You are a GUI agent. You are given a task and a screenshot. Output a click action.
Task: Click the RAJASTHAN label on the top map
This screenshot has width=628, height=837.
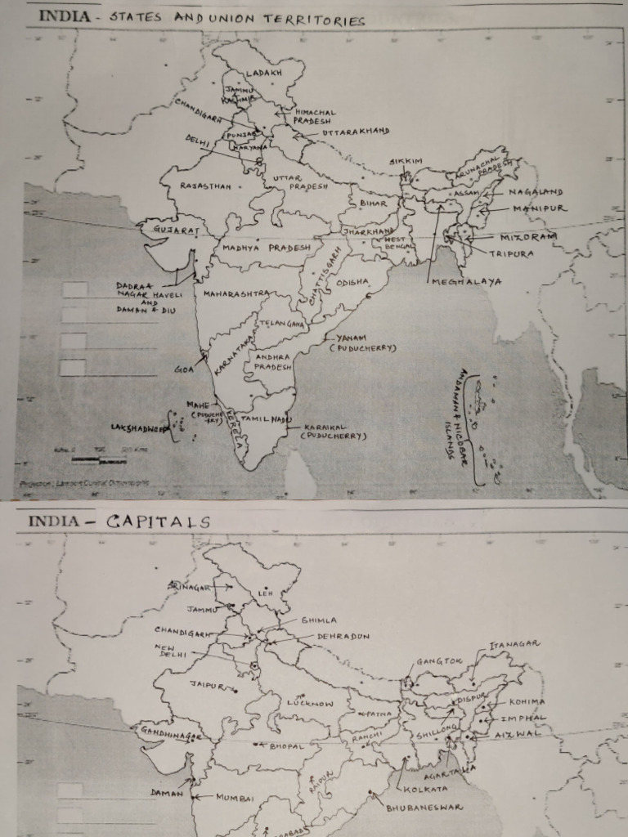pos(206,186)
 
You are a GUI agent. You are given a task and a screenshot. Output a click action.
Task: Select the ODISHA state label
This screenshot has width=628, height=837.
pos(352,283)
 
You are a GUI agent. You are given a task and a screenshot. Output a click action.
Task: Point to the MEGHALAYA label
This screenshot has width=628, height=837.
pos(467,282)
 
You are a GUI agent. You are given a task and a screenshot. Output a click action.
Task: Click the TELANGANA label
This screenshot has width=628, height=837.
pos(282,324)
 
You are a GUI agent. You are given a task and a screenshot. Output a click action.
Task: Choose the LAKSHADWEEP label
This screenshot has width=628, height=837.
pos(139,427)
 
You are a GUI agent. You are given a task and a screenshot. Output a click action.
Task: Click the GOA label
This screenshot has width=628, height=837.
pos(183,369)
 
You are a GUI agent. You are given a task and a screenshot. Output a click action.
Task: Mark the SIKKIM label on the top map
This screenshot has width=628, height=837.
pos(406,161)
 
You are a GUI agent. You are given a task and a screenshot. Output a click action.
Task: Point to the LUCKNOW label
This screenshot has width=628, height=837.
pos(311,703)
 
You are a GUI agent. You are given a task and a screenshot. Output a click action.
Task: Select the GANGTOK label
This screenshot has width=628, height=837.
pos(439,661)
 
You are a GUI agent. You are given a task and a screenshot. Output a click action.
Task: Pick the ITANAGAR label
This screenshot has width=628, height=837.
pos(514,644)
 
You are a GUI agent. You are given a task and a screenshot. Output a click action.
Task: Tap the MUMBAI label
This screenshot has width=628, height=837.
pos(235,797)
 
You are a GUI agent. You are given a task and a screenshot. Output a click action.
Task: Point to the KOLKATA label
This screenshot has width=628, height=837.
pos(426,789)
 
